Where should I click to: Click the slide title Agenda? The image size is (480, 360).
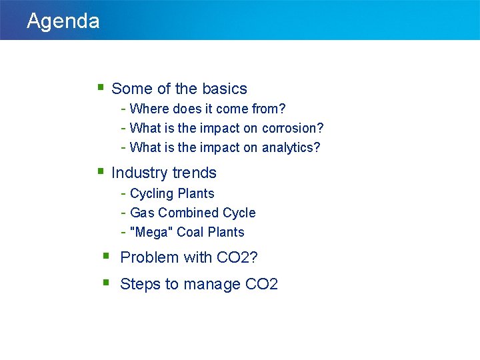[x=63, y=21]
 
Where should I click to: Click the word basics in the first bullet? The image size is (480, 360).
[x=224, y=89]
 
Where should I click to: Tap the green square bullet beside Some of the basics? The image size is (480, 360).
[x=100, y=87]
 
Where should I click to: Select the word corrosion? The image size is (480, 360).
[x=290, y=128]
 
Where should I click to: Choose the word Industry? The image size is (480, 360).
[x=137, y=173]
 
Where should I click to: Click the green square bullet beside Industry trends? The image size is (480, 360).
[x=100, y=171]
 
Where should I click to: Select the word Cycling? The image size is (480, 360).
[x=151, y=193]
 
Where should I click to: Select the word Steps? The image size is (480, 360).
[x=139, y=284]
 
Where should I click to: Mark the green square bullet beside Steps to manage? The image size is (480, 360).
[x=106, y=282]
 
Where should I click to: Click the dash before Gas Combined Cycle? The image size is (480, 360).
[x=124, y=213]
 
